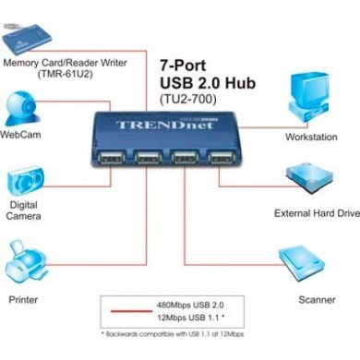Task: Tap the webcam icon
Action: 26,106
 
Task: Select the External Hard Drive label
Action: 317,213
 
